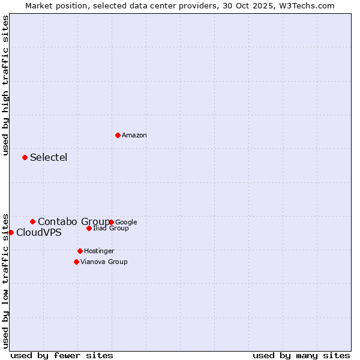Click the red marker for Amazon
click(118, 135)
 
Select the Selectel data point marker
click(25, 157)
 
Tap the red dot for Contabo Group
click(32, 221)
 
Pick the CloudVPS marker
click(11, 232)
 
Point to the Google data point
click(112, 222)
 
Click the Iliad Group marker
click(89, 228)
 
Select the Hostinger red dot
click(80, 251)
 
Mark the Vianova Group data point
click(76, 262)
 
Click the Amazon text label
click(134, 136)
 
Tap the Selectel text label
click(49, 158)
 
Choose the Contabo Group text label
click(73, 222)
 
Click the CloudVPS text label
click(38, 233)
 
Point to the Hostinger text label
click(99, 251)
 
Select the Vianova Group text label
click(104, 262)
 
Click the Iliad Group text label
click(111, 229)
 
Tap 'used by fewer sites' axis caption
click(62, 355)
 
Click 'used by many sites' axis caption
click(301, 355)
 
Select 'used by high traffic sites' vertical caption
click(5, 85)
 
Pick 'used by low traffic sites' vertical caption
click(5, 281)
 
